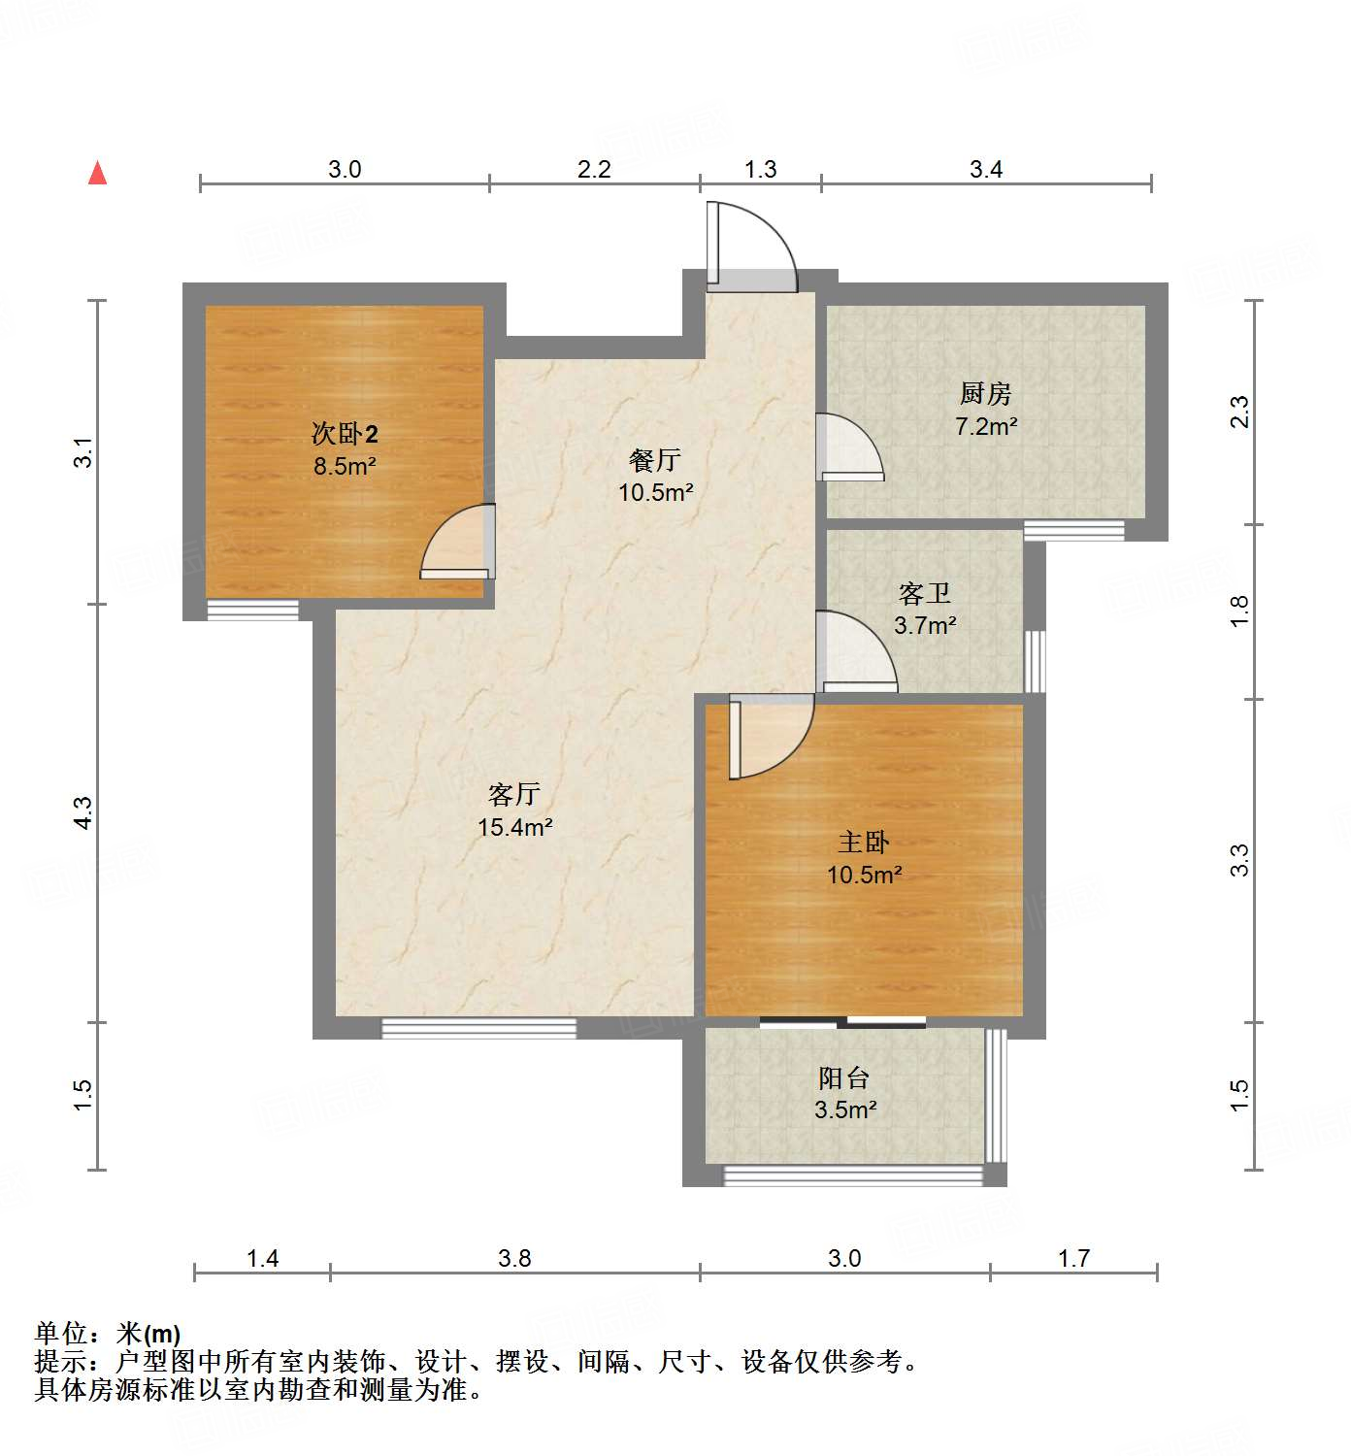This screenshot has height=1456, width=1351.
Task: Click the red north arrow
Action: pyautogui.click(x=97, y=173)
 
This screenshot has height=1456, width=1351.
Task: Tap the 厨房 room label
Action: pyautogui.click(x=985, y=393)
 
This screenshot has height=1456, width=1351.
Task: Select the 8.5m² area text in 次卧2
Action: pyautogui.click(x=344, y=466)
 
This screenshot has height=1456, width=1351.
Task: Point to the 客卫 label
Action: pyautogui.click(x=924, y=593)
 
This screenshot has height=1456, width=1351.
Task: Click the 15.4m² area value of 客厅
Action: pyautogui.click(x=514, y=827)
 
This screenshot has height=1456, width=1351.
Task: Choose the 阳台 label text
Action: pyautogui.click(x=843, y=1077)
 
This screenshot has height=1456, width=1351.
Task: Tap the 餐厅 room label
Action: pyautogui.click(x=654, y=459)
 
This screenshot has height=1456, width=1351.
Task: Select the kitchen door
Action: pyautogui.click(x=848, y=448)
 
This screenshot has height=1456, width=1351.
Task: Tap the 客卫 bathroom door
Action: pyautogui.click(x=854, y=652)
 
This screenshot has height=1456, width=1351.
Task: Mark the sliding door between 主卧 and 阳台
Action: pyautogui.click(x=842, y=1021)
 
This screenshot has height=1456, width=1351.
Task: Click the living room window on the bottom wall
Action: pyautogui.click(x=478, y=1028)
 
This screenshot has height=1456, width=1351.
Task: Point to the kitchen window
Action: pyautogui.click(x=1073, y=530)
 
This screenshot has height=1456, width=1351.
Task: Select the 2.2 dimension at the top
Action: pyautogui.click(x=594, y=170)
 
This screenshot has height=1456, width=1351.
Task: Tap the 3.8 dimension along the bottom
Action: pyautogui.click(x=514, y=1259)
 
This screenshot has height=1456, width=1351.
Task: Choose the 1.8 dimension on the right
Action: pyautogui.click(x=1239, y=611)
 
